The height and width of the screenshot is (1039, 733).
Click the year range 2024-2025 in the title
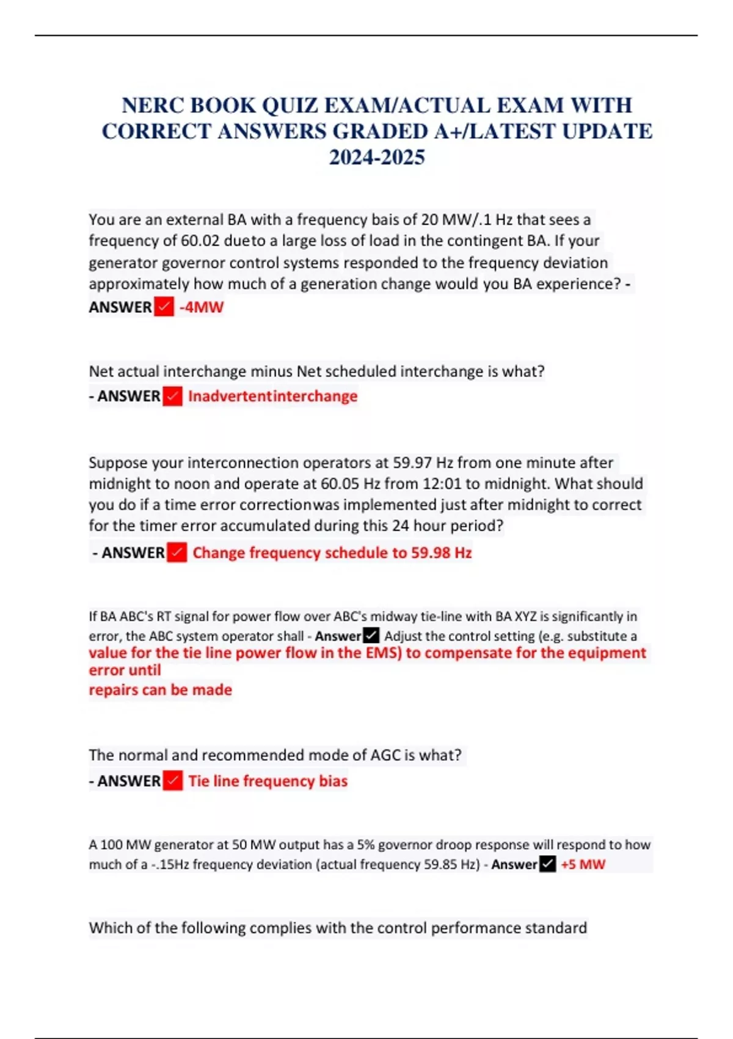377,158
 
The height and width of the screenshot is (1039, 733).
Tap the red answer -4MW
202,307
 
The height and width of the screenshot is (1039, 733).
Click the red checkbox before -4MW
164,306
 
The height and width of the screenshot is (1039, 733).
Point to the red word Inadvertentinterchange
272,396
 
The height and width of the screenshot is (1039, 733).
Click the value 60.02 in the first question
200,241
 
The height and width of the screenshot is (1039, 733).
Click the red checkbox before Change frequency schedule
177,553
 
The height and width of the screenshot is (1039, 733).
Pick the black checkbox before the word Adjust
371,636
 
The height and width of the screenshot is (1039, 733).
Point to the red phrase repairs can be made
161,690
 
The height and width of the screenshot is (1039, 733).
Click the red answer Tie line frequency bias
268,781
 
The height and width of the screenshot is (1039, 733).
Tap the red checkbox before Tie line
173,780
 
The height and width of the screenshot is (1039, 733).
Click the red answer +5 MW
583,864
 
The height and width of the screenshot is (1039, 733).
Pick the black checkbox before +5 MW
548,864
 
